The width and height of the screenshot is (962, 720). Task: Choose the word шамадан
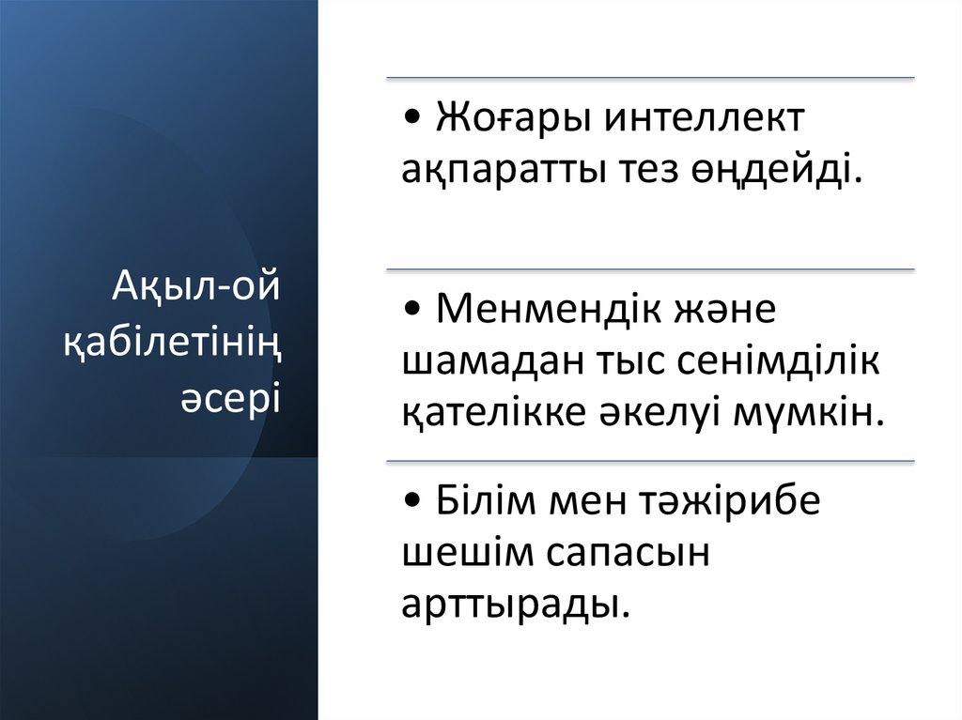click(484, 361)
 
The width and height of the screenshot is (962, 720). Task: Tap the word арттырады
click(515, 604)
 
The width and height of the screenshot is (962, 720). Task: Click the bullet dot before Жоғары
click(414, 120)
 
